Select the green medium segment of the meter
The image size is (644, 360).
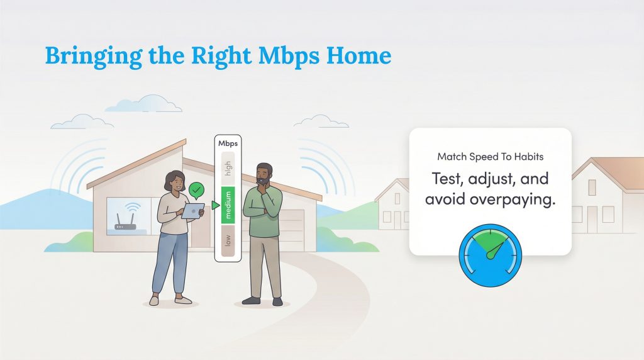(227, 205)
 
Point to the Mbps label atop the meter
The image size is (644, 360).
(228, 143)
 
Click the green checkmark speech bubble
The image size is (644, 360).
(197, 188)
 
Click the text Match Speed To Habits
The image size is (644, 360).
(490, 155)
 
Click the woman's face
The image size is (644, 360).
(177, 183)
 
